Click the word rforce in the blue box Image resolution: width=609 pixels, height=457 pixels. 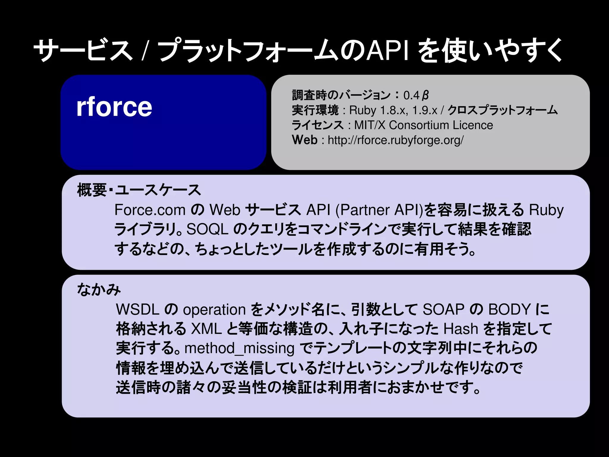(x=114, y=107)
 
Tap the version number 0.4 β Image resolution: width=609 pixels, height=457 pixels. (x=416, y=96)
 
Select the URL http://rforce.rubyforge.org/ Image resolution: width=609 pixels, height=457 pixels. (x=395, y=140)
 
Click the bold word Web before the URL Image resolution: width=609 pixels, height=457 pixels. (x=305, y=140)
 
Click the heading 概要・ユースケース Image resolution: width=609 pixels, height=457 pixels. (x=139, y=190)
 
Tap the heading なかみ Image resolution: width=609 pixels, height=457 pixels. (x=99, y=289)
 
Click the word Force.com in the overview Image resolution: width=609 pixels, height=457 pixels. (x=150, y=210)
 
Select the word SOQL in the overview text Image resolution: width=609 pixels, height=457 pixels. (x=207, y=229)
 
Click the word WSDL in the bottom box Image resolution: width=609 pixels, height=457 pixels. (x=138, y=309)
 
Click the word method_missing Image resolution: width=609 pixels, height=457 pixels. (x=239, y=348)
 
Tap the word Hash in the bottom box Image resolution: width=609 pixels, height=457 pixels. (x=461, y=329)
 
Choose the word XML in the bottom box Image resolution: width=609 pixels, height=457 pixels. (x=206, y=329)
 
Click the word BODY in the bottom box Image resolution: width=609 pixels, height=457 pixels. (x=509, y=309)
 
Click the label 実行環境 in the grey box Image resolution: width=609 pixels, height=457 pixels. (x=315, y=110)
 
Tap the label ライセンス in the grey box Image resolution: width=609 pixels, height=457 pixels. (x=318, y=125)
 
